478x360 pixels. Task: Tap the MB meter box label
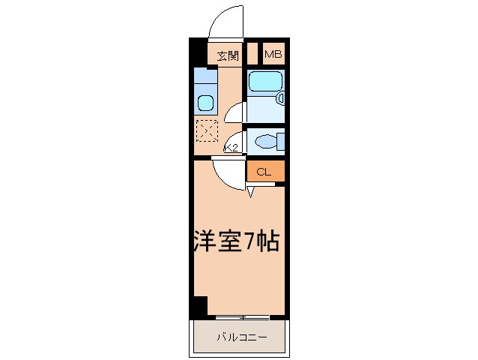pos(273,54)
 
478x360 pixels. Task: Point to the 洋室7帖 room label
pos(234,241)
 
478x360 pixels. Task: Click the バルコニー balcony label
pos(241,337)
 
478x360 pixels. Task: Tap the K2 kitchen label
pos(231,148)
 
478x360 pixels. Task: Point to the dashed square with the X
pos(206,130)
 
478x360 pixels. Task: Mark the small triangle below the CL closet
pos(250,193)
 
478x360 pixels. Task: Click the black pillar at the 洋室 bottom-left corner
pos(198,306)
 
